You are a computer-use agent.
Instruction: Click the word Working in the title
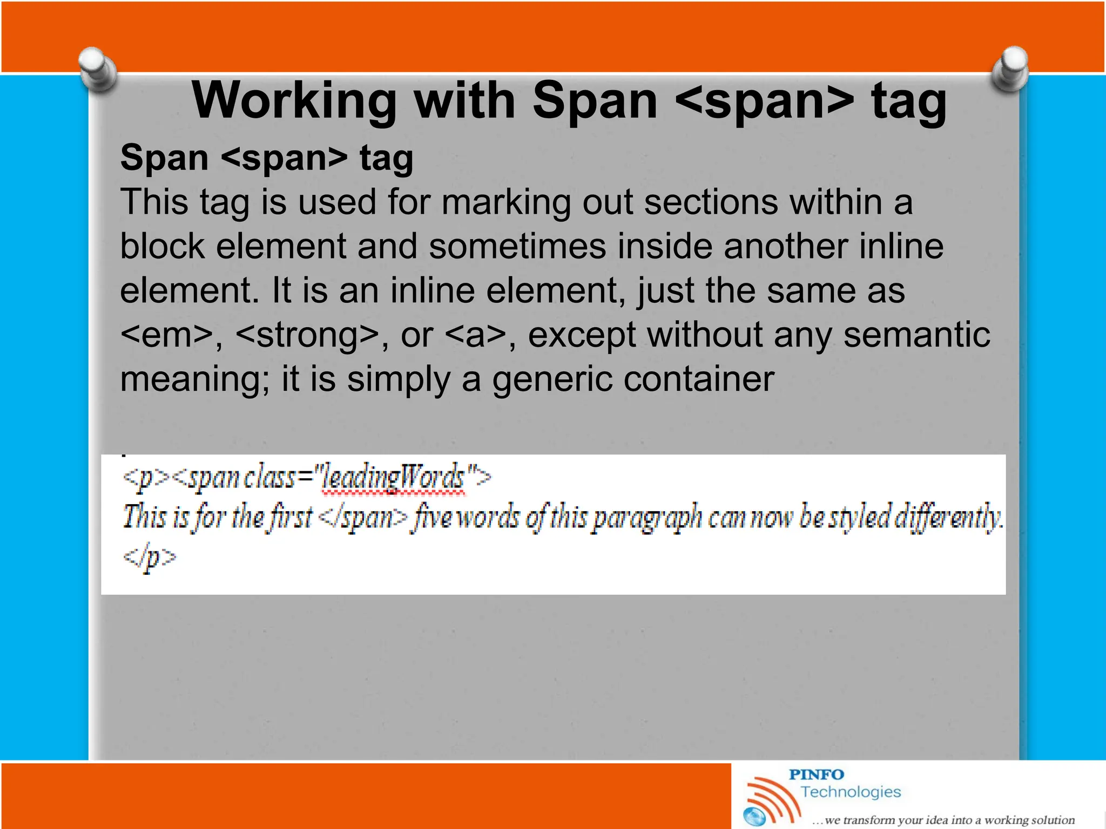[294, 101]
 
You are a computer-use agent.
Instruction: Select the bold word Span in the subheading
[164, 158]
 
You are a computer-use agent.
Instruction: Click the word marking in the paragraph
[505, 202]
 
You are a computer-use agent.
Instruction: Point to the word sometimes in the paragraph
[517, 247]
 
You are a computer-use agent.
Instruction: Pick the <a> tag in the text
[475, 335]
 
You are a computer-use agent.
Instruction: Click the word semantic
[916, 335]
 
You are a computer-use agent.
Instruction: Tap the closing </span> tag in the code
[363, 518]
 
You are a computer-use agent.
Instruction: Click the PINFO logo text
[816, 774]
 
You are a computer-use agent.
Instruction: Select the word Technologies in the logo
[851, 792]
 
